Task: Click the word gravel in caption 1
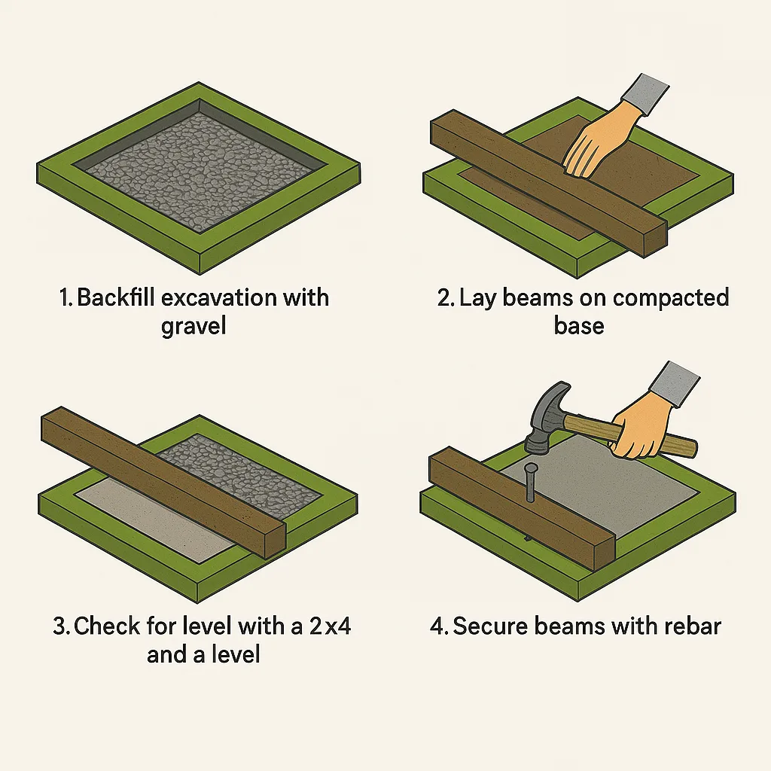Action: pyautogui.click(x=194, y=328)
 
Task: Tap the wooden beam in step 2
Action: pyautogui.click(x=527, y=173)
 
